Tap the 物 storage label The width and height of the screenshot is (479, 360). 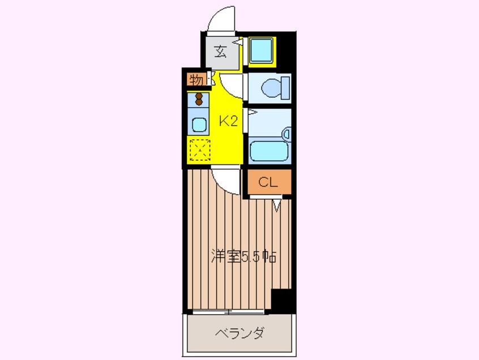(196, 80)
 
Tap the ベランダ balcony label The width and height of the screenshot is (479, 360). (239, 333)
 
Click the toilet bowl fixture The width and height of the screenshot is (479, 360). (273, 88)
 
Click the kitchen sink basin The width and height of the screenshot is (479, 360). (199, 124)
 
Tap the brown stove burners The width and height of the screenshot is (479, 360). (199, 99)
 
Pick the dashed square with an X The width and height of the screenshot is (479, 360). (199, 150)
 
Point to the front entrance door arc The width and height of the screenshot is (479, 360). (221, 20)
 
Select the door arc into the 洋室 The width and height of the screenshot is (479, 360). (228, 181)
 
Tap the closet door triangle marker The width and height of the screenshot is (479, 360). (276, 204)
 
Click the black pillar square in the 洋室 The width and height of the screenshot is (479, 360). (281, 300)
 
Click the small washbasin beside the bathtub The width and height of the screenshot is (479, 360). (286, 135)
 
